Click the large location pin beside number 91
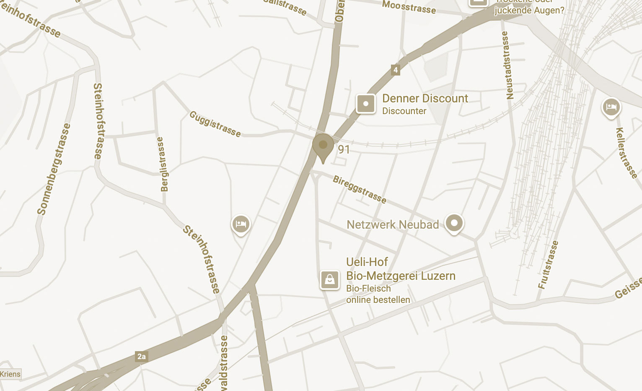(323, 146)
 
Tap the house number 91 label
(344, 149)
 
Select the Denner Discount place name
(425, 99)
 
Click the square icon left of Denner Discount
(365, 104)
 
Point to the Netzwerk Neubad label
(393, 225)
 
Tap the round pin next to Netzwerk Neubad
(454, 223)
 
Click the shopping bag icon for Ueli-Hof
(330, 280)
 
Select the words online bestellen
(378, 300)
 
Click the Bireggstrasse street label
(359, 189)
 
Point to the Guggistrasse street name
(215, 124)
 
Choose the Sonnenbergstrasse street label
(54, 169)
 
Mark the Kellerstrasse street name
(626, 153)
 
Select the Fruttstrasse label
(549, 265)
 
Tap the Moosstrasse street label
(409, 7)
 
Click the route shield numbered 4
(395, 70)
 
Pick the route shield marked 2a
(142, 357)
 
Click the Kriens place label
(10, 374)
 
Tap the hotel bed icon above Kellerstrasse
(611, 107)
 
